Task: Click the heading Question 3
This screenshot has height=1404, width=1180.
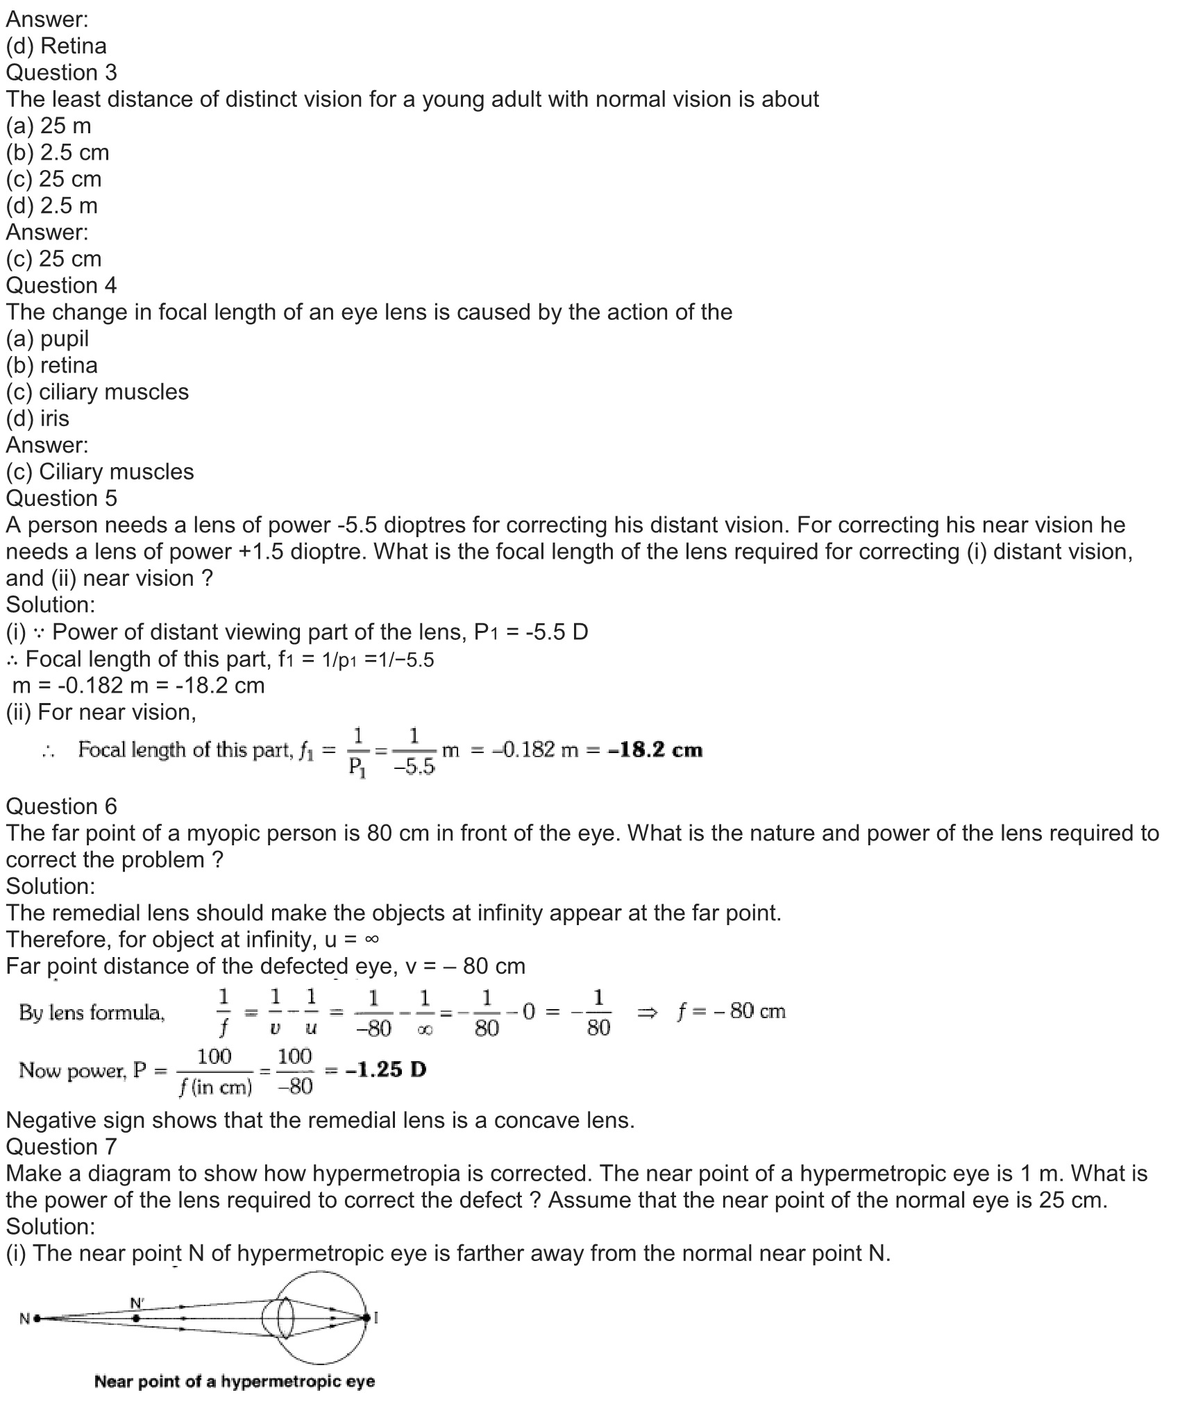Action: [x=62, y=73]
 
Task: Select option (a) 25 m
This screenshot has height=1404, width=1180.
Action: [x=49, y=126]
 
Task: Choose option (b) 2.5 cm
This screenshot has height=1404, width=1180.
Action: [x=58, y=153]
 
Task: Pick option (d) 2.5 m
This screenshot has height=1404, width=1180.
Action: [x=52, y=206]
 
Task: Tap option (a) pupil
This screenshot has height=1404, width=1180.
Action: [x=47, y=339]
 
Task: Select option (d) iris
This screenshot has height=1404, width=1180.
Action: [x=37, y=418]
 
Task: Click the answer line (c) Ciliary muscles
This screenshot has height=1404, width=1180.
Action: [x=100, y=472]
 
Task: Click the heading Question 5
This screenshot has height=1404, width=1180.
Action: [x=62, y=498]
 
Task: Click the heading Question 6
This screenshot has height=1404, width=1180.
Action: [x=62, y=806]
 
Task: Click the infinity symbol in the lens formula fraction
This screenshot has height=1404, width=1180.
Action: [x=425, y=1031]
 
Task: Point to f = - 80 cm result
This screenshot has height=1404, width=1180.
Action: [x=731, y=1011]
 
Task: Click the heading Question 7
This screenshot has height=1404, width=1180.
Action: [x=62, y=1147]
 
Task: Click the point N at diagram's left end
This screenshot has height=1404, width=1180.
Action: [x=35, y=1317]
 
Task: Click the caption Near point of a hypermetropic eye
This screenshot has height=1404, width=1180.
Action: [x=235, y=1381]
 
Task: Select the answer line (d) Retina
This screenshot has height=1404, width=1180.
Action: [x=56, y=46]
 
